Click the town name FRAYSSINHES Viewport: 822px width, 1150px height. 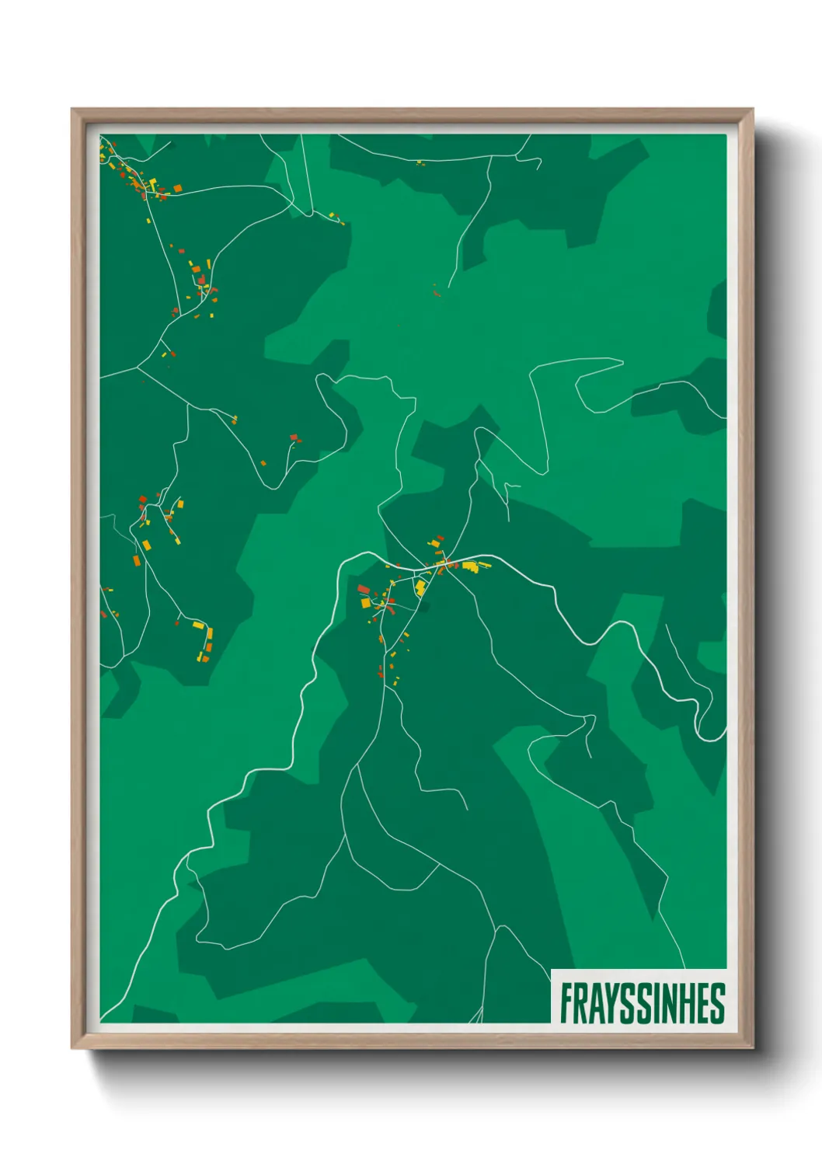point(643,1003)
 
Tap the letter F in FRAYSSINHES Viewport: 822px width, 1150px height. point(567,1003)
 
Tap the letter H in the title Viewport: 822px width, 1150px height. point(688,1003)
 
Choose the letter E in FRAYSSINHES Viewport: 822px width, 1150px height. point(704,1003)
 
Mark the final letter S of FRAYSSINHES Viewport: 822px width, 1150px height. point(718,1003)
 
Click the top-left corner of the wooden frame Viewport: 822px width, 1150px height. point(72,110)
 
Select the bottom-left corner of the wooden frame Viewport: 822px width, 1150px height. point(72,1047)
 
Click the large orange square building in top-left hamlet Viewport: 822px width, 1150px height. point(177,188)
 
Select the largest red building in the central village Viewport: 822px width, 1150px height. point(363,590)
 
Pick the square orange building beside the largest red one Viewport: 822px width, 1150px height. point(365,602)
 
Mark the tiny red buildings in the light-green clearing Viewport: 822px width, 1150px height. point(436,292)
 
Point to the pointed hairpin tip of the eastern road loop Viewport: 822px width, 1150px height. point(622,361)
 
